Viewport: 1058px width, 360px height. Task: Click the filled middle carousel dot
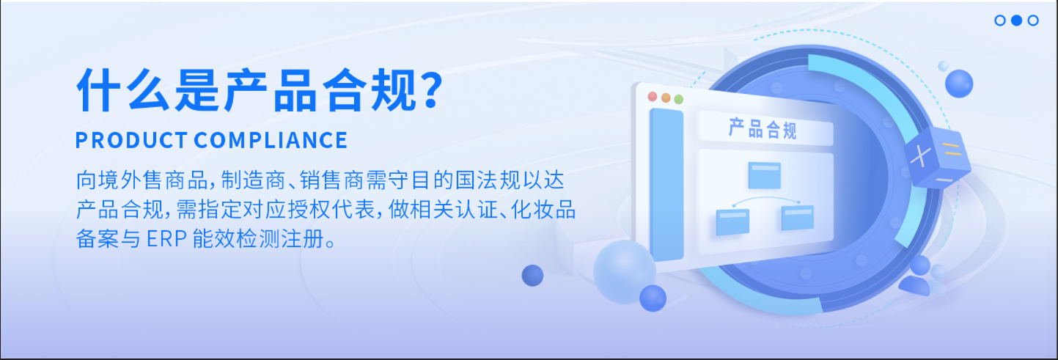1016,21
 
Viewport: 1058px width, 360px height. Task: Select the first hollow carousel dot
1000,21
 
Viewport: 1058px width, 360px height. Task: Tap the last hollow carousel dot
1033,21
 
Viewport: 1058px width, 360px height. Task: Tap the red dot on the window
653,97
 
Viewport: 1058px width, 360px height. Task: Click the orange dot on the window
666,98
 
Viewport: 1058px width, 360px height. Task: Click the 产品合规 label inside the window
763,130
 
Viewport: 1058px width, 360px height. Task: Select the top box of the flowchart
764,175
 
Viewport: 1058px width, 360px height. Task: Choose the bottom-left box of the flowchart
732,221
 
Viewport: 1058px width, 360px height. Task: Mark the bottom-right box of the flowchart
798,218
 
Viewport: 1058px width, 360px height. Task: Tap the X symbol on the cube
922,156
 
